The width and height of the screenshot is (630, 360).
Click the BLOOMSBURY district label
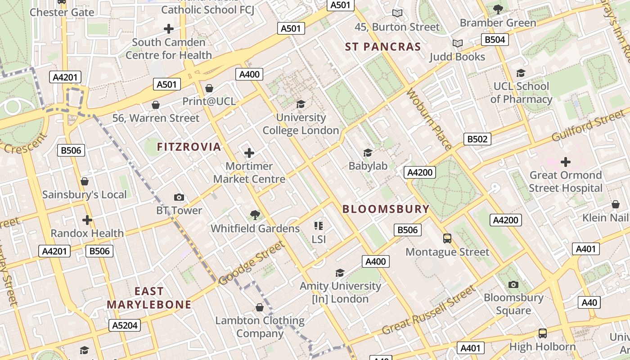point(386,209)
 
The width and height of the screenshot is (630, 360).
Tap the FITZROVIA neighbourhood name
point(189,147)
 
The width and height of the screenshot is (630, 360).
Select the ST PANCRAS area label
point(383,47)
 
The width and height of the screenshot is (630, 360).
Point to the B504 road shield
point(495,40)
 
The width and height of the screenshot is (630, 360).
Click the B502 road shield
point(477,139)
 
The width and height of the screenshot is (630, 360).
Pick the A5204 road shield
point(125,325)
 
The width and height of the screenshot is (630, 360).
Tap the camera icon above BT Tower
point(179,197)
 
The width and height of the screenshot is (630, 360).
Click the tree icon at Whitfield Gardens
point(255,215)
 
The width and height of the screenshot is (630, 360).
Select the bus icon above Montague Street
point(447,238)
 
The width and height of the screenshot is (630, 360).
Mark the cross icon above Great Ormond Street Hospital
point(566,162)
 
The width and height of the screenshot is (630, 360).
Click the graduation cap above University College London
point(301,104)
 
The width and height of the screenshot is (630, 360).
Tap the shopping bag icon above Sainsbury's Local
point(85,181)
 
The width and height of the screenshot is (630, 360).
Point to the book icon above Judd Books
point(457,44)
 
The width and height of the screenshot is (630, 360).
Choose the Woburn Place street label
point(429,119)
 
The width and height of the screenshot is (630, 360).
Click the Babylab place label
point(368,166)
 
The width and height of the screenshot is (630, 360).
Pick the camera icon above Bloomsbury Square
point(513,284)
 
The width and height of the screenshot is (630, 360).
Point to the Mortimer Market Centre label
point(249,173)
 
